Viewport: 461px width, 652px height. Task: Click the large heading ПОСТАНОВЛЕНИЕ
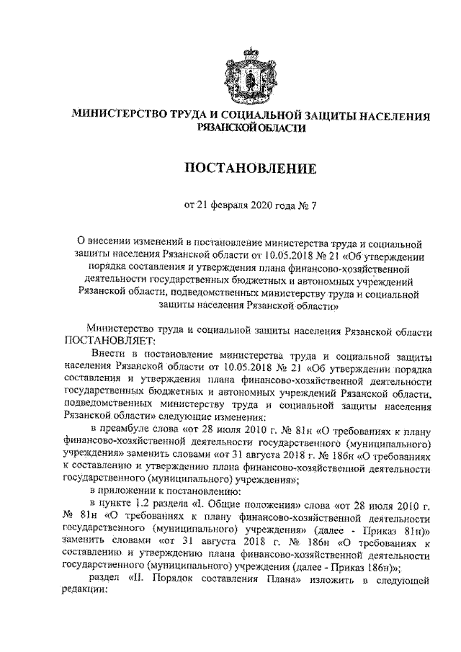click(x=230, y=169)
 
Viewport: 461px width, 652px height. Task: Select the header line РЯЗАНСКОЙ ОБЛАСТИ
click(x=230, y=128)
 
